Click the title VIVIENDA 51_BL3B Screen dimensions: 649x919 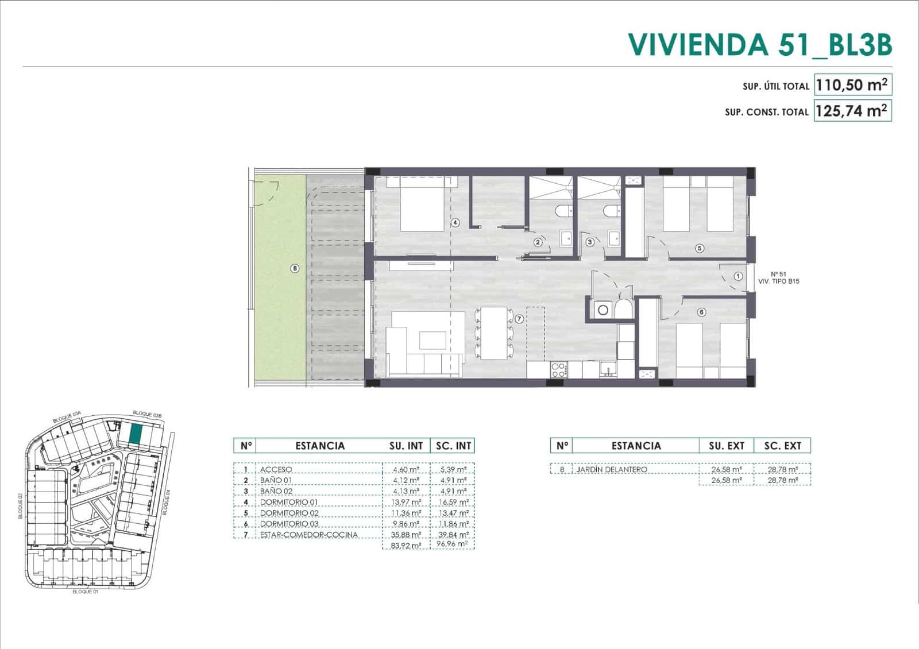click(x=759, y=45)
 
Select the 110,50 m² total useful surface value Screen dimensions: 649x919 click(x=852, y=85)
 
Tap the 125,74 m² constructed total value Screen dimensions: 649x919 click(x=852, y=111)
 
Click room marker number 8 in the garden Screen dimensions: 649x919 click(x=295, y=268)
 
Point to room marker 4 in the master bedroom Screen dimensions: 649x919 click(x=455, y=222)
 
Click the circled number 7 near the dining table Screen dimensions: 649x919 click(x=519, y=319)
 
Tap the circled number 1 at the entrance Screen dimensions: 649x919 click(x=738, y=276)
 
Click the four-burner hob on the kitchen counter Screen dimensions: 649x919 click(x=558, y=370)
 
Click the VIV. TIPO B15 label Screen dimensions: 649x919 click(x=779, y=281)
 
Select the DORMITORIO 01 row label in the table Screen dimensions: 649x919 click(x=289, y=502)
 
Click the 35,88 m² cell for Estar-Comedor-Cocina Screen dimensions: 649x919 click(x=406, y=535)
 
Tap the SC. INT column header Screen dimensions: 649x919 click(x=453, y=446)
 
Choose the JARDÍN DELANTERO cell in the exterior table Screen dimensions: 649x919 click(x=611, y=470)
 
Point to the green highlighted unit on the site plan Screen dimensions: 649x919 click(x=134, y=435)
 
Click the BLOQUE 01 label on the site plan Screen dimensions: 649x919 click(x=85, y=591)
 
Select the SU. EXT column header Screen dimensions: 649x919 click(x=726, y=446)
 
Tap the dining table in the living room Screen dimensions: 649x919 click(x=494, y=333)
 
